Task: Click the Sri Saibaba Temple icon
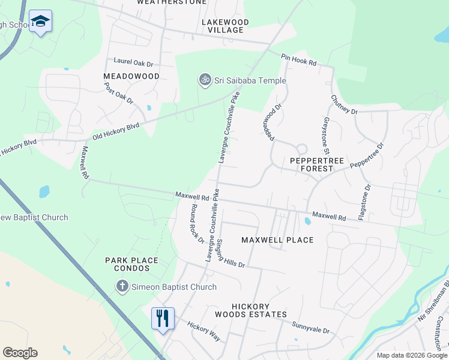point(205,80)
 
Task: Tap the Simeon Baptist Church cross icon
point(122,287)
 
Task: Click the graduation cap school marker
point(40,22)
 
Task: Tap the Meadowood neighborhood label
point(131,76)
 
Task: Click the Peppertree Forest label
point(311,165)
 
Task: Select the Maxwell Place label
point(277,240)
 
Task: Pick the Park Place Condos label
point(131,265)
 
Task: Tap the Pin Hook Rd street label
point(299,59)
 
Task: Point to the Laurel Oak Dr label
point(133,62)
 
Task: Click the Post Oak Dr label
point(118,94)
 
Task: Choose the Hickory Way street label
point(203,331)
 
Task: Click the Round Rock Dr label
point(197,223)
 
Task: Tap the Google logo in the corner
point(20,353)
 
